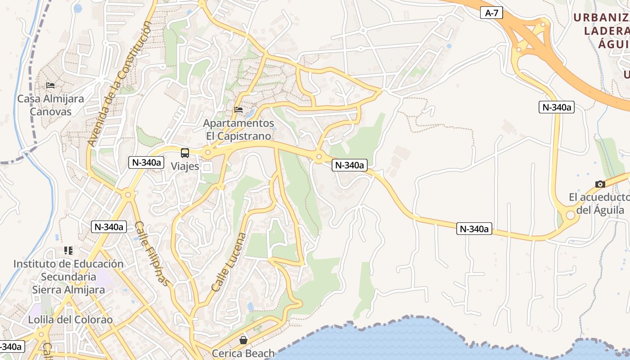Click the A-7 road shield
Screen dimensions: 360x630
(491, 13)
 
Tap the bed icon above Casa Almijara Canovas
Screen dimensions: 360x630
(50, 85)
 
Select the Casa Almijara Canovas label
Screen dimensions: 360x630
(50, 105)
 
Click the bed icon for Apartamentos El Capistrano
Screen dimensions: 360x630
(238, 109)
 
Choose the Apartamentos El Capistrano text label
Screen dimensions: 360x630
(238, 130)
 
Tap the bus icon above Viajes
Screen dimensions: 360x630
(185, 153)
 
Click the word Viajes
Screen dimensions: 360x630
(185, 166)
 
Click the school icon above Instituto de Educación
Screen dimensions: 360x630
(68, 250)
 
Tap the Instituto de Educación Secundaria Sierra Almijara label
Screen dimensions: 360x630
(68, 277)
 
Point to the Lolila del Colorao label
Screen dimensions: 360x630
(70, 320)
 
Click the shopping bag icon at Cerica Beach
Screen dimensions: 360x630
(243, 340)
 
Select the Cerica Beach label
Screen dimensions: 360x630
(243, 353)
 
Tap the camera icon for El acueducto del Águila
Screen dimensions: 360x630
(600, 184)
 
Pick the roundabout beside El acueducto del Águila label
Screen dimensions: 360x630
(570, 215)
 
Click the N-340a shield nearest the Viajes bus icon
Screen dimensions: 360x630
(146, 162)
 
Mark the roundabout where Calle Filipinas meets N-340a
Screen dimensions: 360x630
(128, 195)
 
